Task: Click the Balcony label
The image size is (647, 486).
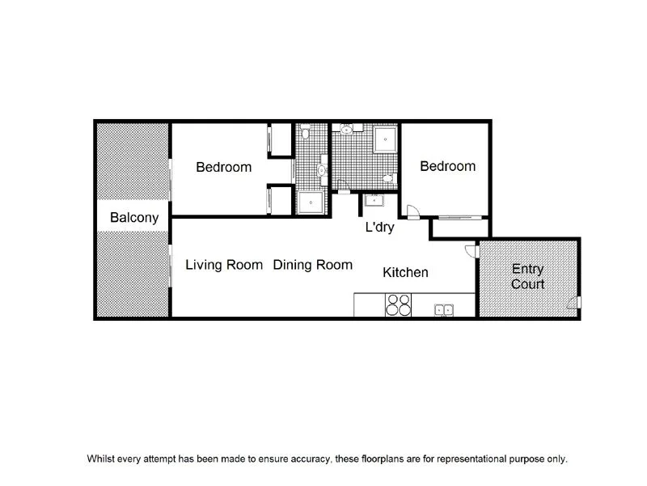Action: tap(134, 218)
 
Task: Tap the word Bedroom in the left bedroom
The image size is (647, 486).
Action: tap(224, 168)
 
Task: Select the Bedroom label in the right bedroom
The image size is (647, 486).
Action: tap(447, 166)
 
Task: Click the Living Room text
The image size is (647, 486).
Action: tap(224, 265)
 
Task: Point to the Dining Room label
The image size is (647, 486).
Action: tap(312, 265)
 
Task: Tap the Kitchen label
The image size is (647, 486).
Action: tap(405, 273)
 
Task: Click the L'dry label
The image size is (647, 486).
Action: tap(379, 228)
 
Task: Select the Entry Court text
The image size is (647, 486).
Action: tap(527, 277)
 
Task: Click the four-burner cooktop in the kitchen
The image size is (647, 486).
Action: tap(399, 305)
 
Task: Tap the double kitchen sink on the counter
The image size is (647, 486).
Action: tap(443, 308)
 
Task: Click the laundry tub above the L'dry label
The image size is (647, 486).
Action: tap(375, 202)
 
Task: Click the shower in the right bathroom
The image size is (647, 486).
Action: tap(384, 139)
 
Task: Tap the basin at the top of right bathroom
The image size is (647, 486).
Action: tap(346, 129)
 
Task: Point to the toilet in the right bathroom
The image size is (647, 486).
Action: tap(389, 177)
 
